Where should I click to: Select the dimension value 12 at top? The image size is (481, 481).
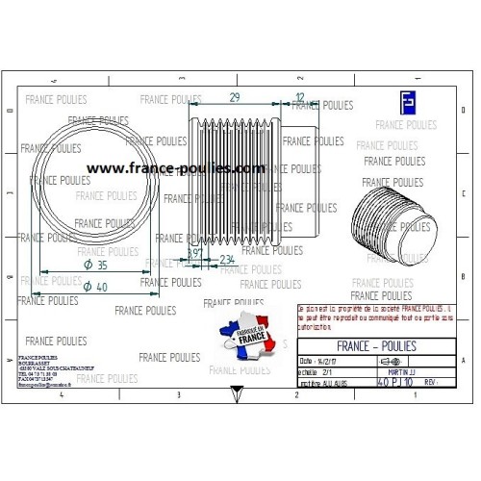[300, 98]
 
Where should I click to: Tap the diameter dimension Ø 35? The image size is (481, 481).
[95, 265]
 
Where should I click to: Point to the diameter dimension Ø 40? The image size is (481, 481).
[95, 287]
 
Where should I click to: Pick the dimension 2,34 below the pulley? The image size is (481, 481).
[228, 261]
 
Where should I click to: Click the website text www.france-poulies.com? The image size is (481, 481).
[175, 167]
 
